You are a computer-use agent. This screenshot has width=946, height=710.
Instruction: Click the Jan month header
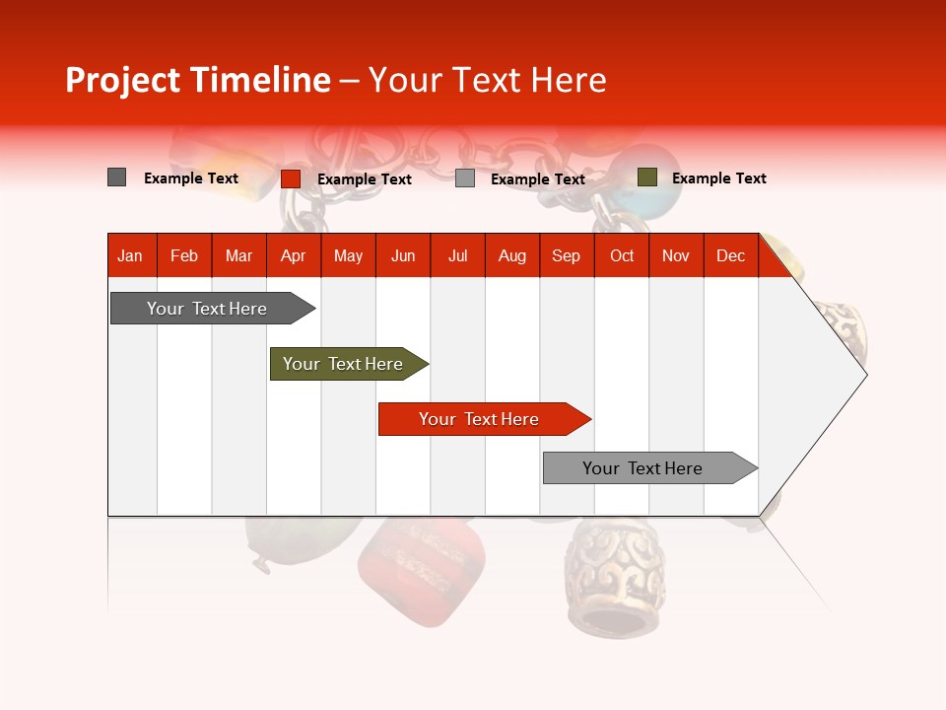point(130,255)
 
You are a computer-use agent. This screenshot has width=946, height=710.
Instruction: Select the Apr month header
point(293,255)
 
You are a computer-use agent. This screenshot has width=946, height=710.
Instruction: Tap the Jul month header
point(457,255)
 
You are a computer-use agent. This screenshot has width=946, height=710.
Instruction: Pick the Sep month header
point(566,255)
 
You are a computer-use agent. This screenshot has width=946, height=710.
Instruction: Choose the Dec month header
point(730,255)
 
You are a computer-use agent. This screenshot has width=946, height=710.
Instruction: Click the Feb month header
point(184,255)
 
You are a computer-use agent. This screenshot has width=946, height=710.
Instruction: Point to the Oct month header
point(622,255)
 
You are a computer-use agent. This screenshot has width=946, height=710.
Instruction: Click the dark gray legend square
point(116,177)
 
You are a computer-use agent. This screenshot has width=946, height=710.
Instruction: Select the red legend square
point(290,178)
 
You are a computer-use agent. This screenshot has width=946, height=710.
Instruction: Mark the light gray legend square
point(465,178)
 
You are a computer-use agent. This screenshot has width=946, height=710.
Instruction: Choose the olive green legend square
point(646,177)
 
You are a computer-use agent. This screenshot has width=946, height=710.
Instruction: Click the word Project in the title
point(123,80)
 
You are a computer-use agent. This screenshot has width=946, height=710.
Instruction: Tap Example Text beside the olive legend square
point(718,178)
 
